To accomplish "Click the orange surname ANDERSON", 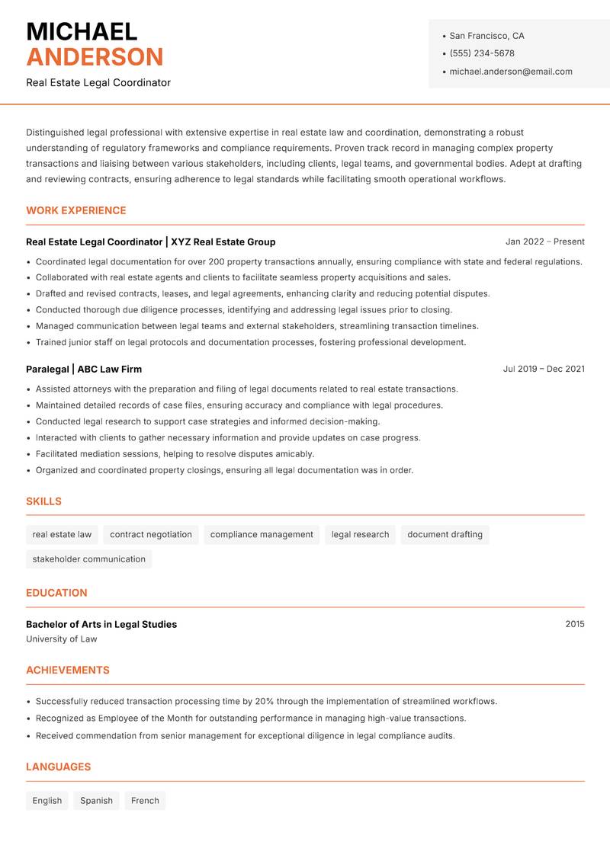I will (x=95, y=57).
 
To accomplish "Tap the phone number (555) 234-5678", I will (x=481, y=53).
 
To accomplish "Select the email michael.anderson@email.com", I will (x=510, y=72).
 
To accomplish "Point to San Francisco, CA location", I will (x=486, y=36).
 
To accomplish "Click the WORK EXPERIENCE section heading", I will (x=76, y=210).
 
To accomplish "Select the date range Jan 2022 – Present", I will (x=544, y=242).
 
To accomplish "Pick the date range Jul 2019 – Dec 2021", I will (x=544, y=369).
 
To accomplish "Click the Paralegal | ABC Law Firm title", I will (x=84, y=369).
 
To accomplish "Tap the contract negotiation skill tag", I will (x=151, y=535).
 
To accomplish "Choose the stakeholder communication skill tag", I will (x=88, y=559).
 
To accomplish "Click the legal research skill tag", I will (x=360, y=535).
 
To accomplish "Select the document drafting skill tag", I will (x=445, y=535).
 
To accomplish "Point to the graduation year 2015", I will (x=575, y=624).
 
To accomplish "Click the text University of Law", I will (x=62, y=639).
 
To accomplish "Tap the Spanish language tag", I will (x=96, y=801).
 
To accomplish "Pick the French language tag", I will (x=145, y=801).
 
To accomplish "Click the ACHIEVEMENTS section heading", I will (x=68, y=671).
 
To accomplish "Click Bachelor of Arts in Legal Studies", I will (x=101, y=624).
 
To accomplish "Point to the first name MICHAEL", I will (x=82, y=31).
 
